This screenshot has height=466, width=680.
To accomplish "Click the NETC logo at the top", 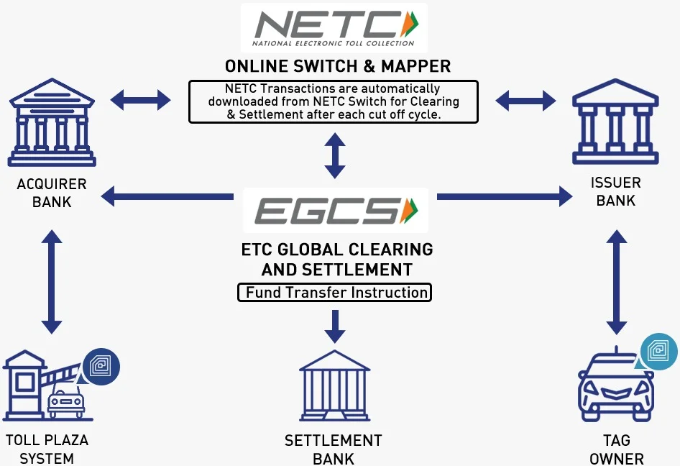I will (334, 27).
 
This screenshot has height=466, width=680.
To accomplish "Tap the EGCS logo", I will (335, 211).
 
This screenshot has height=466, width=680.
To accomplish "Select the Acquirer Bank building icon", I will (52, 123).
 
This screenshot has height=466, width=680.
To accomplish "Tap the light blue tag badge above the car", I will (659, 352).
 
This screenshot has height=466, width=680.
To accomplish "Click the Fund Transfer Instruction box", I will (334, 292).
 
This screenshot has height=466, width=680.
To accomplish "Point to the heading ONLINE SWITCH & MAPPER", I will (338, 67).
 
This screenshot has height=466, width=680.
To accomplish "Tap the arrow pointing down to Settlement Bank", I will (334, 326).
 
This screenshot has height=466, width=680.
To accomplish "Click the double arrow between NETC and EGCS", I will (334, 155).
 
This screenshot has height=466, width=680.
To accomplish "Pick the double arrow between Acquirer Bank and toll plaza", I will (52, 282).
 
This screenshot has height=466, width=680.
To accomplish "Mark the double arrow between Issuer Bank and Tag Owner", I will (615, 282).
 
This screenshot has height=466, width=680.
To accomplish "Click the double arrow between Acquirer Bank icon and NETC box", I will (141, 100).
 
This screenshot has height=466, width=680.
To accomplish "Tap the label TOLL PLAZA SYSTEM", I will (47, 449).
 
